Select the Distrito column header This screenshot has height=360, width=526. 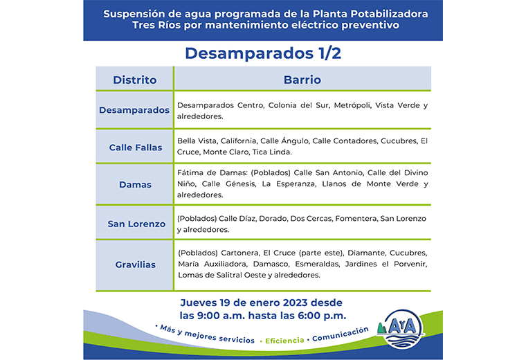[x=134, y=80]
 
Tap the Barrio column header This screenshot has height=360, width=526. [x=302, y=80]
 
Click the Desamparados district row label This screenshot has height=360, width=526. [x=134, y=110]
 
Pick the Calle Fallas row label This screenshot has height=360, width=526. [x=135, y=147]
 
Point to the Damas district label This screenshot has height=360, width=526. [x=135, y=185]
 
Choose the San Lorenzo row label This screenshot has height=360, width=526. [x=136, y=224]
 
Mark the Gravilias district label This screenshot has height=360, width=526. [x=135, y=264]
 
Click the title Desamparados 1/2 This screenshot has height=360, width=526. [x=263, y=53]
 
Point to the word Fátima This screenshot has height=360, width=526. [x=190, y=172]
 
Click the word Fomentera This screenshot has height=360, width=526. [x=356, y=218]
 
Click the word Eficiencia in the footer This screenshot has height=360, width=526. [x=284, y=341]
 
